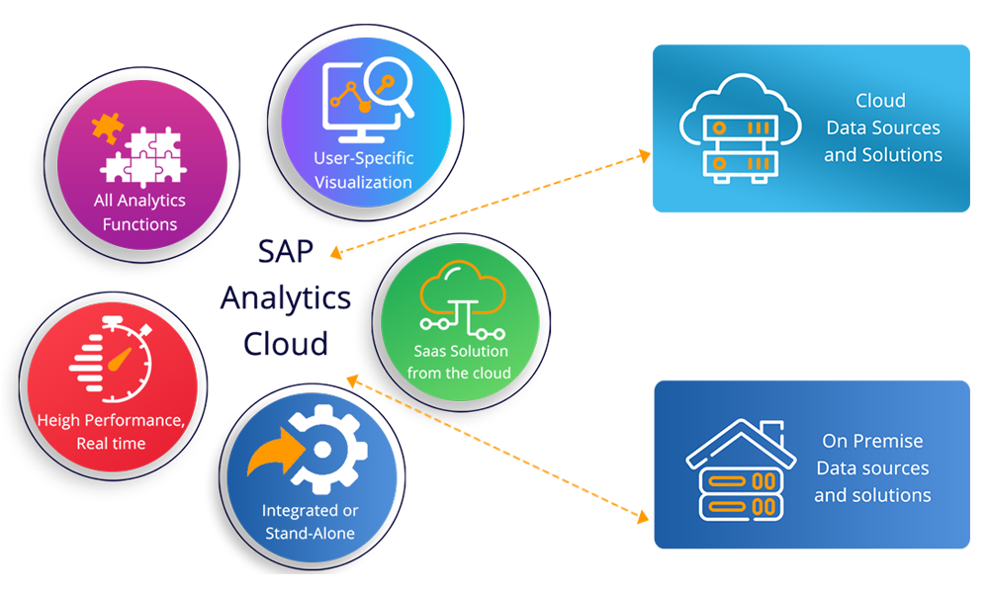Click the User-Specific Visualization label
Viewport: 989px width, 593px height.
tap(363, 170)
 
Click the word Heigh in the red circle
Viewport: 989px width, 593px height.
tap(58, 420)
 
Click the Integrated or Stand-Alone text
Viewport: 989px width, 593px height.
tap(310, 522)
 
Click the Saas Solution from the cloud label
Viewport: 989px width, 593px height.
tap(461, 362)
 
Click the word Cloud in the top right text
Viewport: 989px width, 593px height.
tap(880, 101)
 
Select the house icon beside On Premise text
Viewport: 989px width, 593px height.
tap(741, 470)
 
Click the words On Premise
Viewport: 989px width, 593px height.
tap(872, 441)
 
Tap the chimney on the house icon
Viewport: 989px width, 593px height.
tap(776, 432)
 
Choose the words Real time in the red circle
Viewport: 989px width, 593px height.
tap(111, 444)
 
